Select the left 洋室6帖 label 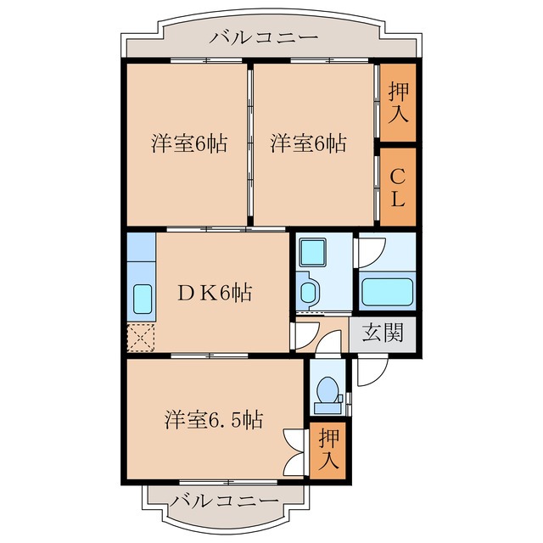(x=189, y=143)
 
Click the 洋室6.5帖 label (x=213, y=419)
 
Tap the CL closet (x=398, y=187)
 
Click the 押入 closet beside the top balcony (x=398, y=102)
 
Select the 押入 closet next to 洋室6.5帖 (x=329, y=450)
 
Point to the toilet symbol (x=327, y=392)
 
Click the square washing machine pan (x=313, y=252)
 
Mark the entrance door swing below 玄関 (x=372, y=368)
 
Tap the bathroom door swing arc (x=368, y=252)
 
